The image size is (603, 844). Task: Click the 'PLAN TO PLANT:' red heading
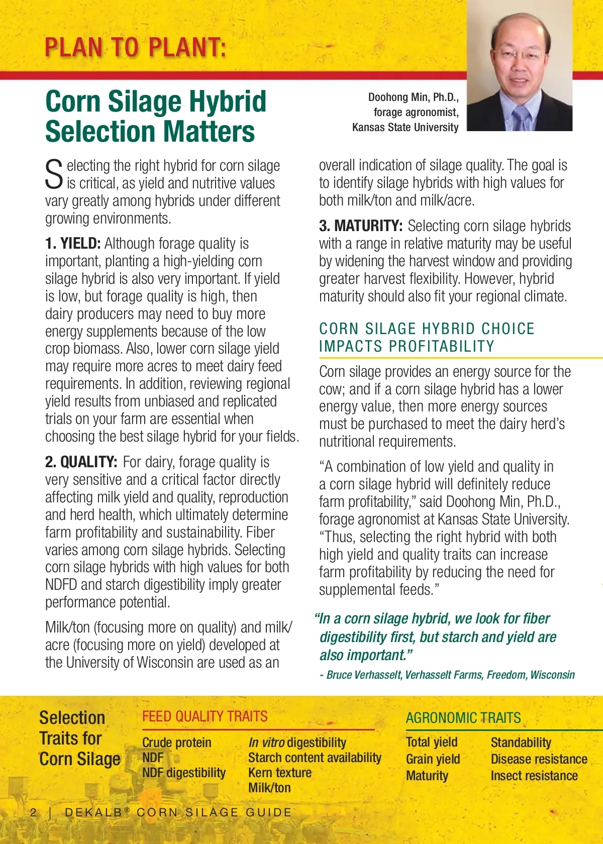tap(135, 48)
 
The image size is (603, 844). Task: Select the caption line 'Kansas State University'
tap(405, 128)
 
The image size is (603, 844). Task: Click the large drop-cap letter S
tap(54, 174)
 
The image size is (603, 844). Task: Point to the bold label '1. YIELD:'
tap(73, 244)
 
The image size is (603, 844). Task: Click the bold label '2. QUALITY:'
tap(81, 462)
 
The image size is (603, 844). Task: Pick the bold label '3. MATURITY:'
tap(360, 226)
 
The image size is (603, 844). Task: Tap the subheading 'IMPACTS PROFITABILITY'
tap(407, 347)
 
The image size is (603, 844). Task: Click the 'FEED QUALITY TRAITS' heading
tap(205, 717)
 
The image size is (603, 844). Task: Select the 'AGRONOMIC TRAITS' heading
tap(463, 718)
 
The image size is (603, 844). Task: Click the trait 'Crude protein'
tap(176, 743)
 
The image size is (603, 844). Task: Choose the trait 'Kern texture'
tap(279, 773)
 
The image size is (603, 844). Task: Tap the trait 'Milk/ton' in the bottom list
tap(269, 788)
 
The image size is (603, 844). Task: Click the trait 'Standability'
tap(521, 743)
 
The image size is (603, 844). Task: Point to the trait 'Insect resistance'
tap(534, 776)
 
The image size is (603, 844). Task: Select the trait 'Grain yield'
tap(433, 759)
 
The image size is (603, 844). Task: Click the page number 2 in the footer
tap(34, 812)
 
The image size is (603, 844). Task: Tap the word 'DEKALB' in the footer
tap(94, 812)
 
